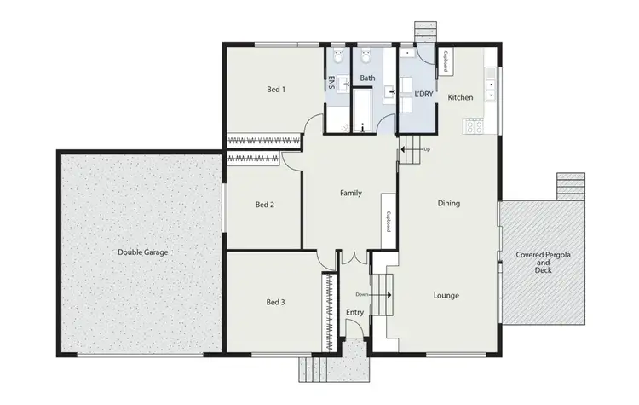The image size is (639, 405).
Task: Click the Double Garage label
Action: (x=143, y=252)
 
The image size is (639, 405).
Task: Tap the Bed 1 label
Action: (x=275, y=90)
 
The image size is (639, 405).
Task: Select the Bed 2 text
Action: (x=264, y=205)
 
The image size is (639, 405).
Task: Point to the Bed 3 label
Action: (x=274, y=303)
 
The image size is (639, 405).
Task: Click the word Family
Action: (x=351, y=194)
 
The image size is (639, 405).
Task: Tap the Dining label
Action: (x=449, y=204)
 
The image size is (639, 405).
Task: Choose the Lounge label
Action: (x=446, y=296)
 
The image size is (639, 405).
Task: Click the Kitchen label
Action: (x=460, y=98)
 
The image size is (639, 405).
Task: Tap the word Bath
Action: (x=367, y=79)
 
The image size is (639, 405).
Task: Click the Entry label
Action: (x=355, y=313)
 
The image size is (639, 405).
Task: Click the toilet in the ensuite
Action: (x=337, y=60)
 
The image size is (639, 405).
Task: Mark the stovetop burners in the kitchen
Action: (x=472, y=127)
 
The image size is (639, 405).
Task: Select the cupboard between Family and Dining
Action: (x=388, y=224)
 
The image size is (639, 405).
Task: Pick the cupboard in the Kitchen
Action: (x=446, y=61)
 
